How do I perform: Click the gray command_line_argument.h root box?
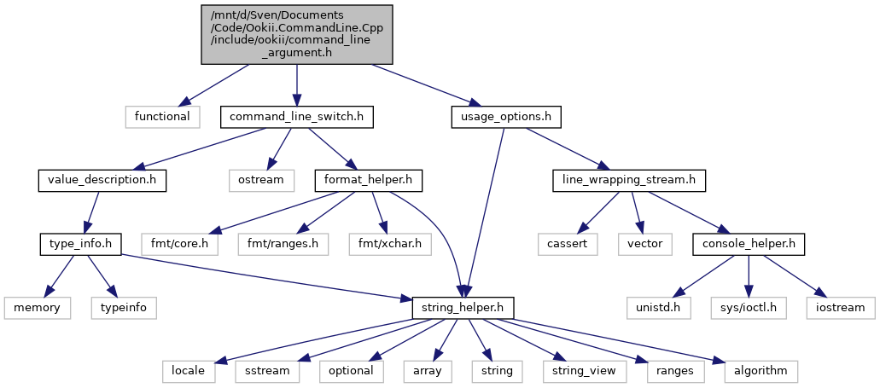(x=297, y=34)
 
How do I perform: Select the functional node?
(x=162, y=117)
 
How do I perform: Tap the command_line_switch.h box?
(x=296, y=117)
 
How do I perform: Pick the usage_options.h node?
(x=506, y=117)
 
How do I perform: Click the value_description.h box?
(x=102, y=181)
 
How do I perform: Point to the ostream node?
(x=261, y=181)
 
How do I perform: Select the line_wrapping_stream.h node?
(x=628, y=181)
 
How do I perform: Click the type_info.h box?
(x=81, y=245)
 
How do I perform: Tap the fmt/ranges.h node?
(x=283, y=245)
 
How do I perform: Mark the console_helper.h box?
(x=749, y=245)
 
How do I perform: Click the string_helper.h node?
(x=463, y=308)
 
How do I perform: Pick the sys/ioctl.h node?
(x=749, y=308)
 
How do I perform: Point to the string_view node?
(x=580, y=371)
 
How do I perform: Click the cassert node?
(x=568, y=245)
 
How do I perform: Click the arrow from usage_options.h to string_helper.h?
(x=483, y=212)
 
